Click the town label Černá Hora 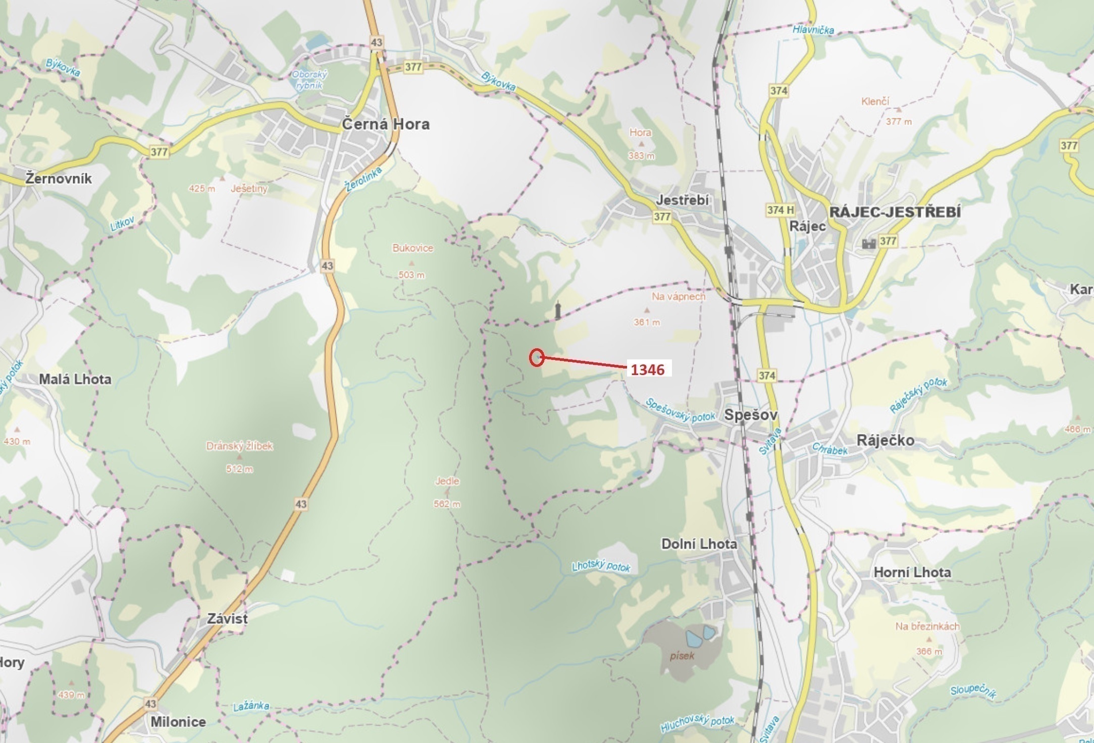(386, 124)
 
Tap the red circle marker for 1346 (537, 357)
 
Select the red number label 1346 (648, 370)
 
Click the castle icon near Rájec (869, 244)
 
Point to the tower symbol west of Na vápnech (558, 310)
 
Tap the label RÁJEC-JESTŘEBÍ (895, 212)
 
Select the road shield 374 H (780, 210)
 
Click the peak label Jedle (447, 481)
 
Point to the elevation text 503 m (411, 275)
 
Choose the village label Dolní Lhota (699, 544)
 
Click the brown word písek (683, 656)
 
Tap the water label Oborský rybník (309, 80)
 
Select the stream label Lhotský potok (601, 566)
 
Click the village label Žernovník (59, 179)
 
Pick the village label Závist (227, 619)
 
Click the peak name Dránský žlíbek (239, 446)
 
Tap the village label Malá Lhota (75, 380)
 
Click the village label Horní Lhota (912, 572)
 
